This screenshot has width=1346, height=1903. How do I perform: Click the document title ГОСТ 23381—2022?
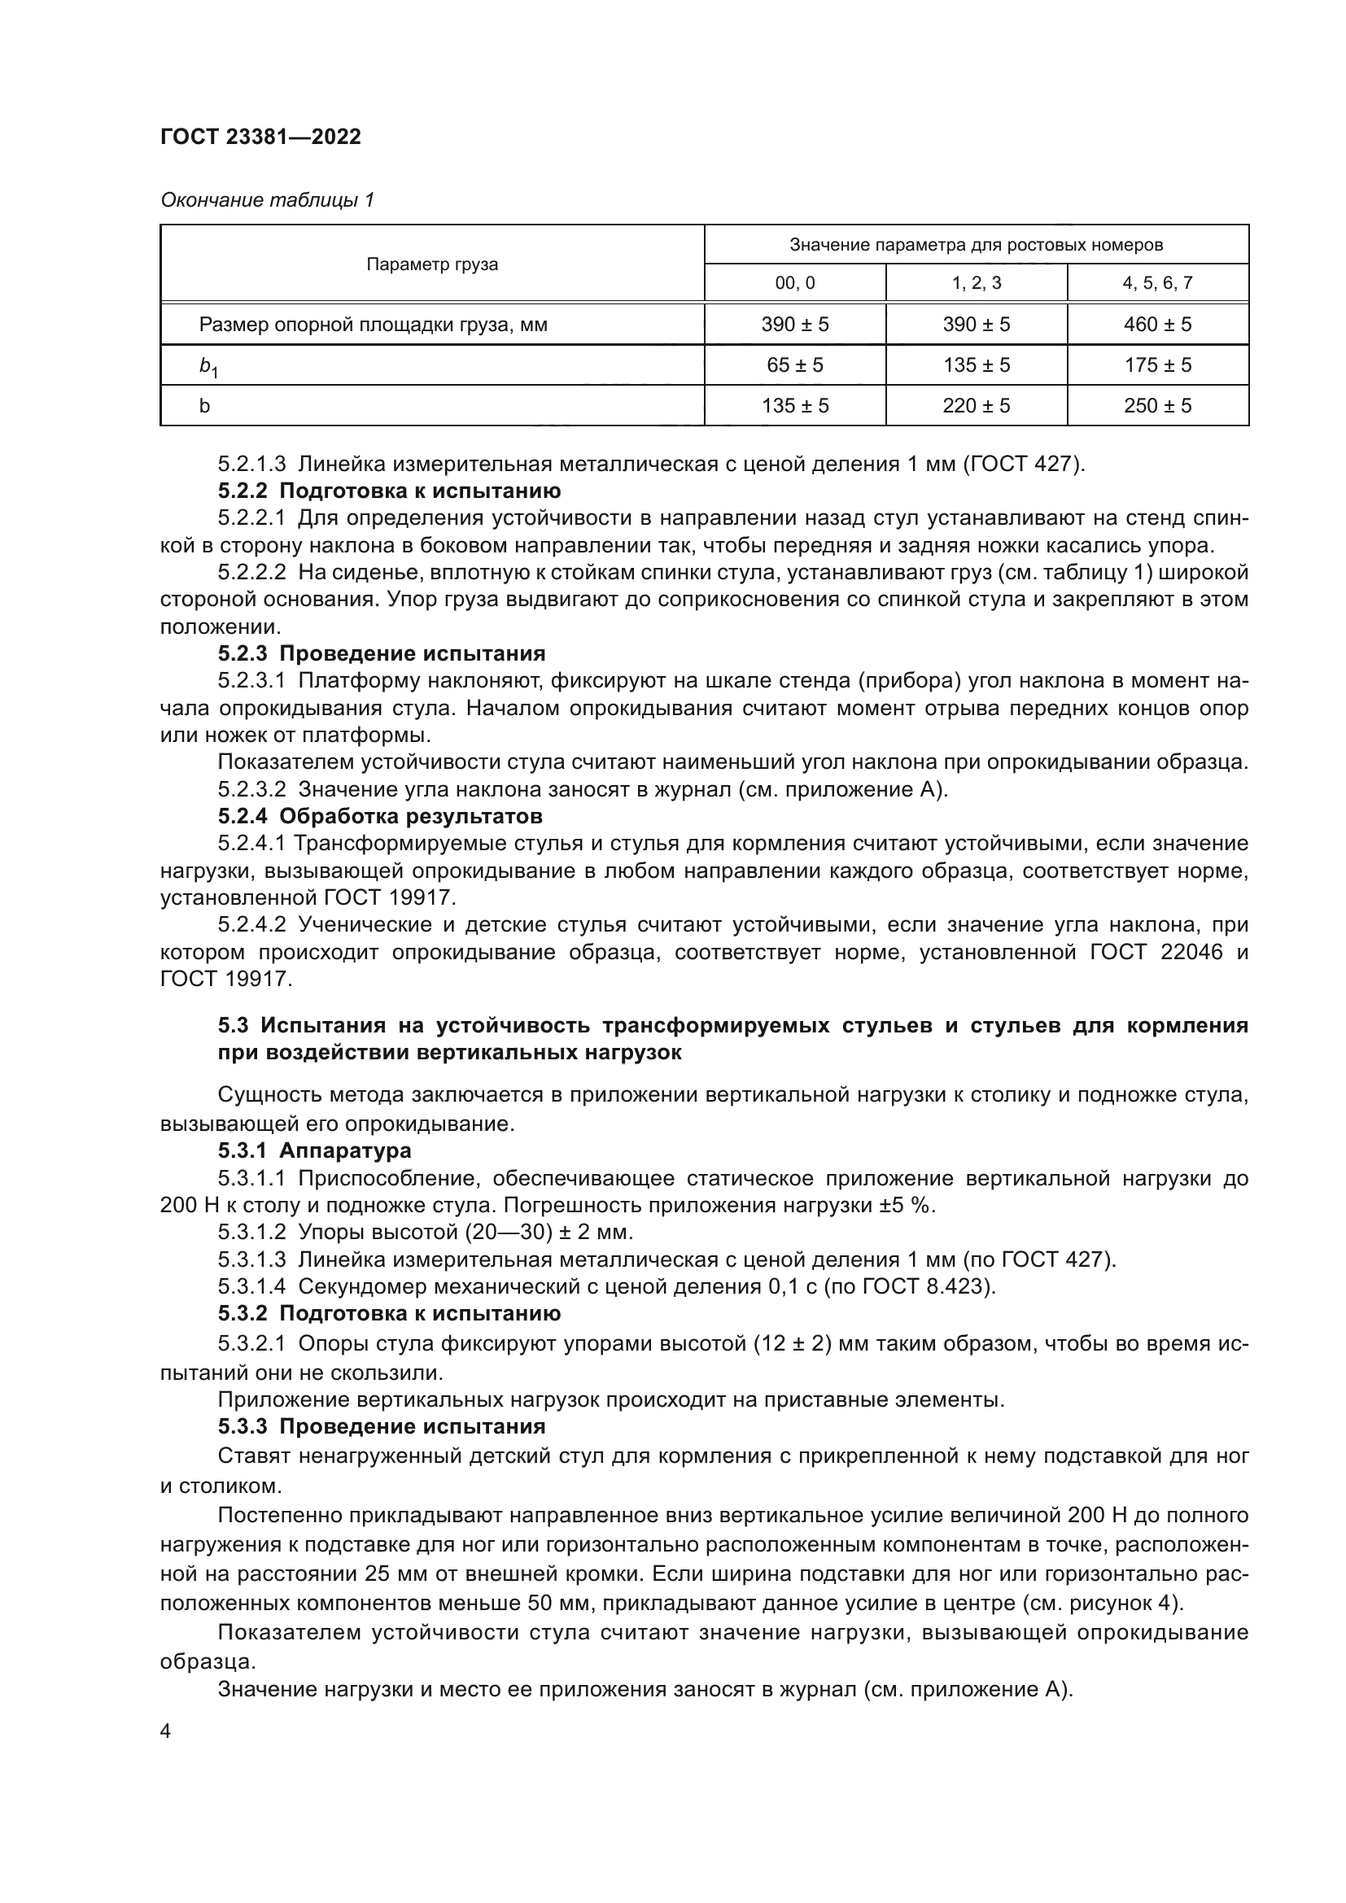(260, 137)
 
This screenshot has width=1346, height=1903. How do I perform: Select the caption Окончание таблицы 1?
(267, 200)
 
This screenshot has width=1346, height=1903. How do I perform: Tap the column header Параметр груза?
(432, 264)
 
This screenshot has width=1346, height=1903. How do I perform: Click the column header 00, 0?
(794, 283)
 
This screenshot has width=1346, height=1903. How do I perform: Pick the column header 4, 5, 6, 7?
(1157, 283)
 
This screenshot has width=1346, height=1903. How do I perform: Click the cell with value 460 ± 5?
(1157, 324)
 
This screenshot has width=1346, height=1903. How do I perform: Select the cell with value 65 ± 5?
(794, 364)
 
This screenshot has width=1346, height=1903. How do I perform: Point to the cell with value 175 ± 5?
(1157, 364)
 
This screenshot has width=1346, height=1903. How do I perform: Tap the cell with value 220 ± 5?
(976, 405)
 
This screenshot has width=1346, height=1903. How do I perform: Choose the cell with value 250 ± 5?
(1157, 405)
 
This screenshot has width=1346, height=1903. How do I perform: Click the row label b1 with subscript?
(208, 366)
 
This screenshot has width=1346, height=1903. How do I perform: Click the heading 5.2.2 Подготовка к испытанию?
(389, 491)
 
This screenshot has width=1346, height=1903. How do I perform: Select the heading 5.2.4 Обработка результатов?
(379, 816)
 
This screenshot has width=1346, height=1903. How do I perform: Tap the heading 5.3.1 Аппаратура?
(314, 1150)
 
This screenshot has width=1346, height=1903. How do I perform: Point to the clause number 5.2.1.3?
(252, 464)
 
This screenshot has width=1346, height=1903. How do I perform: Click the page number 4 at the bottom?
(166, 1731)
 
